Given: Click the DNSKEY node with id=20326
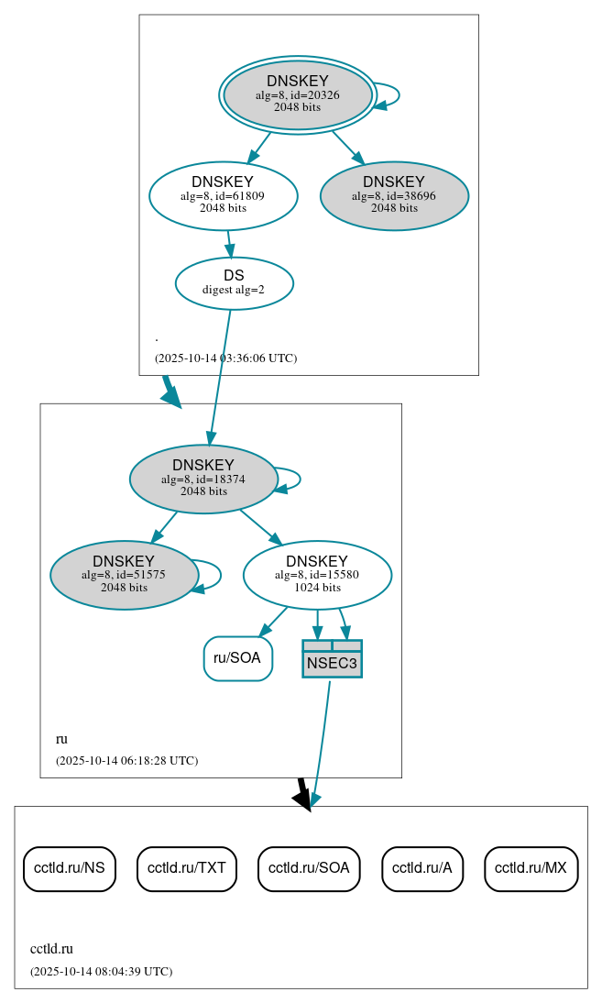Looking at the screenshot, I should [x=298, y=94].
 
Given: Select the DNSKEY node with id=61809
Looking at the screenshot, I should [x=223, y=194].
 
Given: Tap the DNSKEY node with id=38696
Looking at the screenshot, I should [x=394, y=195].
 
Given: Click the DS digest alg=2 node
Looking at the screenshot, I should [x=234, y=283].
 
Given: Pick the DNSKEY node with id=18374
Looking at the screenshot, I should [x=203, y=479].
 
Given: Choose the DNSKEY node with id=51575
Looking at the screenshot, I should [x=124, y=575].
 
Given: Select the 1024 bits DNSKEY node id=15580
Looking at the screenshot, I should [x=317, y=575].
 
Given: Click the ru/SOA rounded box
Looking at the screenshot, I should [x=237, y=658].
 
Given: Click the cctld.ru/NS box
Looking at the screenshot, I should [x=69, y=868].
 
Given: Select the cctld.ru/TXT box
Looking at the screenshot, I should [x=187, y=868].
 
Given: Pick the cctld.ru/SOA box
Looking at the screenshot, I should [x=309, y=868].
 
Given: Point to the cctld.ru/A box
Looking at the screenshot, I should [x=422, y=868].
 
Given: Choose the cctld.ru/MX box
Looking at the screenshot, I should [x=531, y=868].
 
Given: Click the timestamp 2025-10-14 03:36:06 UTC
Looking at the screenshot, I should [x=225, y=358].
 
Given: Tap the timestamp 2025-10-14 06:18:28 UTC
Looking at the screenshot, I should [x=126, y=761].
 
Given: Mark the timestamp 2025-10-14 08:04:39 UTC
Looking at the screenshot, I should [x=101, y=972].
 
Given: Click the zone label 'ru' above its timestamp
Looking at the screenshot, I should [x=61, y=739].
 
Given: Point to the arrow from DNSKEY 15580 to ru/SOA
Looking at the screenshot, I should [x=274, y=621].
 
